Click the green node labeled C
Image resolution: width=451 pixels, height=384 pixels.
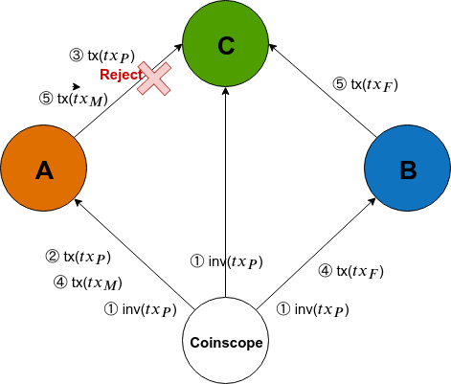[225, 43]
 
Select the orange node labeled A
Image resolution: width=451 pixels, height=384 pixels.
[44, 168]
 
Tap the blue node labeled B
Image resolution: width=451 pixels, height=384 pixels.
[408, 168]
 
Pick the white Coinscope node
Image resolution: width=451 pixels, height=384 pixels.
[225, 341]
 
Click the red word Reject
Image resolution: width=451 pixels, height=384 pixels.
[121, 75]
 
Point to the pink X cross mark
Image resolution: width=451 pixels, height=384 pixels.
[154, 79]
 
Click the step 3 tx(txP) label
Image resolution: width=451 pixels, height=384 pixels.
[102, 56]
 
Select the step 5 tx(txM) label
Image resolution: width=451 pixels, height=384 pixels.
[74, 99]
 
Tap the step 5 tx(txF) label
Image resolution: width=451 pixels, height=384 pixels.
[366, 84]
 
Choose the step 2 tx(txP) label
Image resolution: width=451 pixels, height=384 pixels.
[79, 257]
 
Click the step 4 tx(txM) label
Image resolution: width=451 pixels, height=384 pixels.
[88, 282]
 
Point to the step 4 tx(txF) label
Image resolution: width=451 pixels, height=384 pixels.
[350, 272]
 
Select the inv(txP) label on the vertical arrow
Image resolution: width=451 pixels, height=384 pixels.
[227, 261]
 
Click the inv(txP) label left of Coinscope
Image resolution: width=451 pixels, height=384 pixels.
[141, 309]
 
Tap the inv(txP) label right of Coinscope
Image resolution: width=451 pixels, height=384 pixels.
[312, 309]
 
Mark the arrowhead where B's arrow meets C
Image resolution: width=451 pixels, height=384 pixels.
[272, 47]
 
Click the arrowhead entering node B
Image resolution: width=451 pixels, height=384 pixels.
[372, 201]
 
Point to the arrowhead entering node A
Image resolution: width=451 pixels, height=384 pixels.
[79, 202]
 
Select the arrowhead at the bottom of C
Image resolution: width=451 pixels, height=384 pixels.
[225, 91]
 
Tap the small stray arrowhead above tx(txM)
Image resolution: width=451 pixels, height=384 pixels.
[77, 86]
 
